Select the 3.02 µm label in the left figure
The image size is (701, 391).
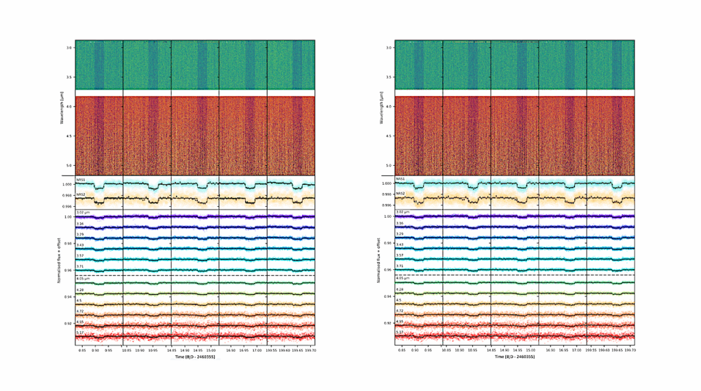(x=81, y=213)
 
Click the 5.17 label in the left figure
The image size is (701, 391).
(x=79, y=333)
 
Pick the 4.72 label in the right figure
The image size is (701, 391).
(x=400, y=312)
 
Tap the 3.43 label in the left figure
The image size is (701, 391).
(x=79, y=245)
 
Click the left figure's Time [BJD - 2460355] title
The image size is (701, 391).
(x=195, y=357)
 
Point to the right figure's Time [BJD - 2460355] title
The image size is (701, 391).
(x=515, y=357)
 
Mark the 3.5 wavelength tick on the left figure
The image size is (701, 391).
(x=69, y=77)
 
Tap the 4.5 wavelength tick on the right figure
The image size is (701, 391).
(x=389, y=136)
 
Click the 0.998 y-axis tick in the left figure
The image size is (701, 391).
(x=67, y=195)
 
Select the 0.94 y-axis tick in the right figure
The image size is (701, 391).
(x=388, y=297)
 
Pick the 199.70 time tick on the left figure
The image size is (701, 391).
(x=309, y=349)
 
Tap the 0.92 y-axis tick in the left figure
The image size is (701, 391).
(x=68, y=323)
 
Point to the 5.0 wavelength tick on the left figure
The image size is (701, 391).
(x=69, y=166)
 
